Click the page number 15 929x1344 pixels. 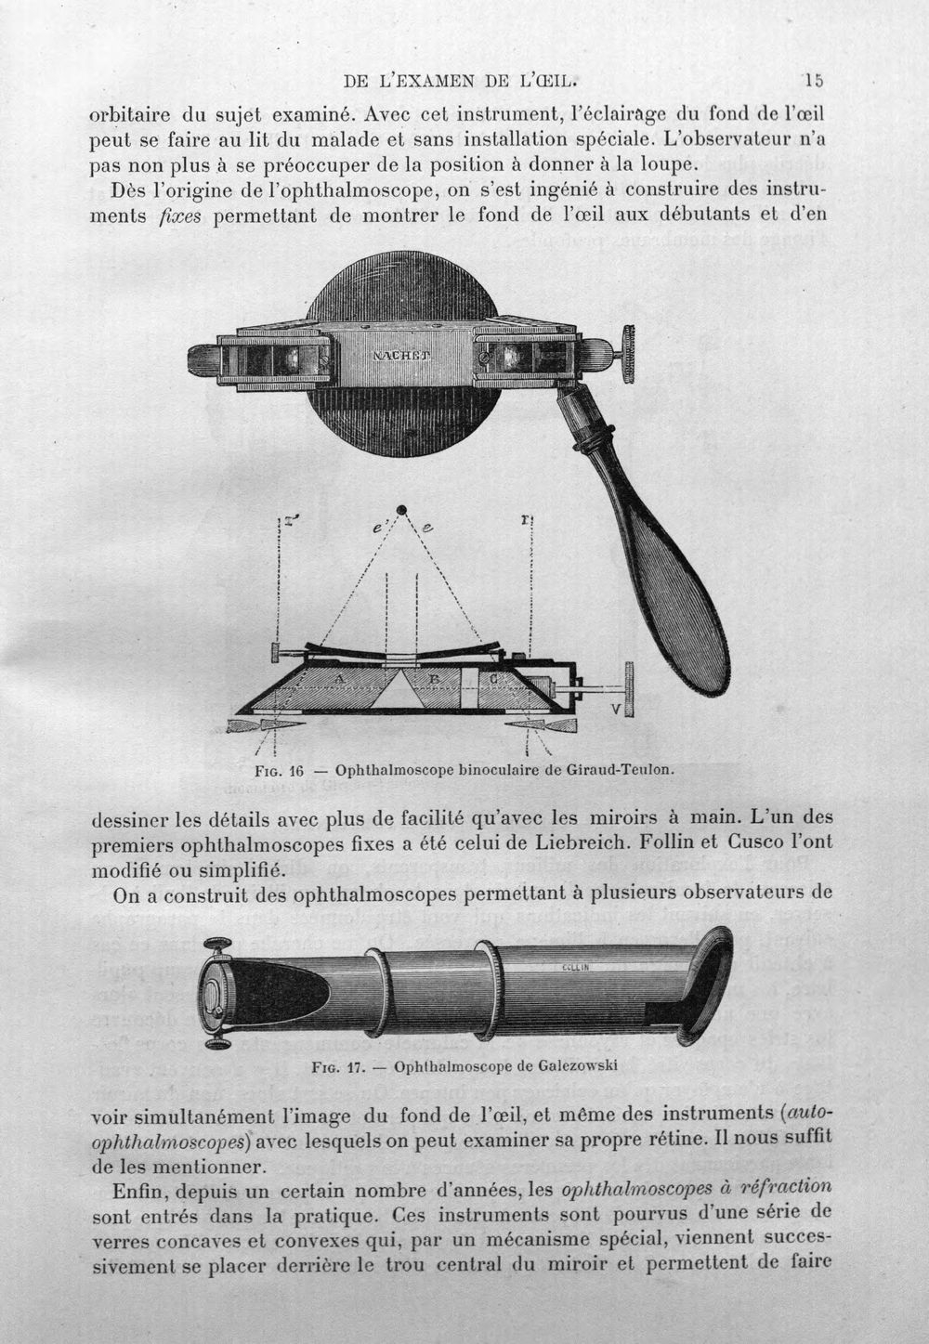coord(814,80)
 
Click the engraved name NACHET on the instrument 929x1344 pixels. coord(401,355)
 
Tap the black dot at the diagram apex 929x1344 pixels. coord(401,509)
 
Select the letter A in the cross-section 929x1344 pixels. coord(340,679)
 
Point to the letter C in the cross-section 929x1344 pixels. coord(492,679)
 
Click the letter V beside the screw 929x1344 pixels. coord(616,708)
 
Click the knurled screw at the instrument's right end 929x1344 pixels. coord(628,355)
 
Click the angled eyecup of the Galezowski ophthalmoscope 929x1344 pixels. coord(708,989)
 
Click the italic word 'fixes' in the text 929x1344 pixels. coord(180,216)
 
